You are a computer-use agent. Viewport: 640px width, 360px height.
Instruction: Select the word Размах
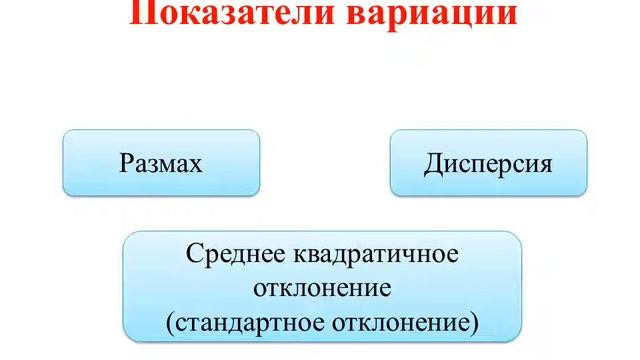(161, 162)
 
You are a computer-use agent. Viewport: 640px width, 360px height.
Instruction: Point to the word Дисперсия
(487, 162)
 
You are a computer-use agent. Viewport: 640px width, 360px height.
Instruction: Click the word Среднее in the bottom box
(233, 253)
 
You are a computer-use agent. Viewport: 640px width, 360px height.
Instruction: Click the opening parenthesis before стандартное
(172, 324)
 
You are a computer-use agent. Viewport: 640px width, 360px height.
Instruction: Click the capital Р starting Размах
(125, 162)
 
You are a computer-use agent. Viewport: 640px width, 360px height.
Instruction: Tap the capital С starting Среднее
(193, 253)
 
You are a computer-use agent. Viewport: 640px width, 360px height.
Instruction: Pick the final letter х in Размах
(197, 163)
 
